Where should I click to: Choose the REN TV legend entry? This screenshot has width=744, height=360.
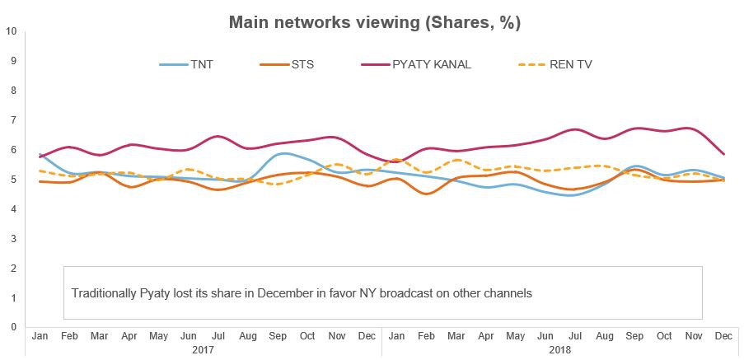(569, 64)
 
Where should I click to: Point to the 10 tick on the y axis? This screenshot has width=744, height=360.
(11, 31)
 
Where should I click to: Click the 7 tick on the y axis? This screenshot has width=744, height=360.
(11, 120)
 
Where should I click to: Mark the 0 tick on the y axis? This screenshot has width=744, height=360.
(11, 327)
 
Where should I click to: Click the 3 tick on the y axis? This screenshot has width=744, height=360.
(11, 239)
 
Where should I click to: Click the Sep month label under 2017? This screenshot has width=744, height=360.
(277, 337)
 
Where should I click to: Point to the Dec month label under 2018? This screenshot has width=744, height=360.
(723, 337)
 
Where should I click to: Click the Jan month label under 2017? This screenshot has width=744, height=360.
(39, 337)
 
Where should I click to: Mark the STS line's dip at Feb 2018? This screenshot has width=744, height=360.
(426, 194)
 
